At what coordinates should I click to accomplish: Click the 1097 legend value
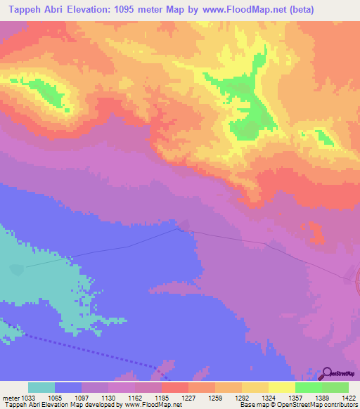(x=82, y=397)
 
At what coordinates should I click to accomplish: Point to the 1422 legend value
(x=348, y=397)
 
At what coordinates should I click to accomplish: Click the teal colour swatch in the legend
(x=41, y=387)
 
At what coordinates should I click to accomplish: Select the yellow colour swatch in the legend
(x=281, y=387)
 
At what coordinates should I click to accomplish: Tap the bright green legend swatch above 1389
(x=308, y=387)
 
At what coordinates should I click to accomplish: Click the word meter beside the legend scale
(x=10, y=397)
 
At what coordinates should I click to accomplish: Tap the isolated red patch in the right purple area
(x=315, y=233)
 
